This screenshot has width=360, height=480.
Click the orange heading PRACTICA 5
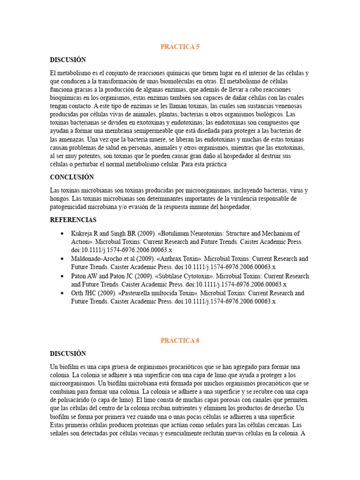point(180,47)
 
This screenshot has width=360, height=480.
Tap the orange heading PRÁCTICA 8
point(180,341)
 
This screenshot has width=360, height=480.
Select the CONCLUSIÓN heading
point(72,177)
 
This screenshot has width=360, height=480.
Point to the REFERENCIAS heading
point(73,220)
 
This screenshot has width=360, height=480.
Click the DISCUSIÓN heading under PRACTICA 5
point(68,60)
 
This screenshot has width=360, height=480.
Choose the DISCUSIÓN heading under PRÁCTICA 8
point(68,353)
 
